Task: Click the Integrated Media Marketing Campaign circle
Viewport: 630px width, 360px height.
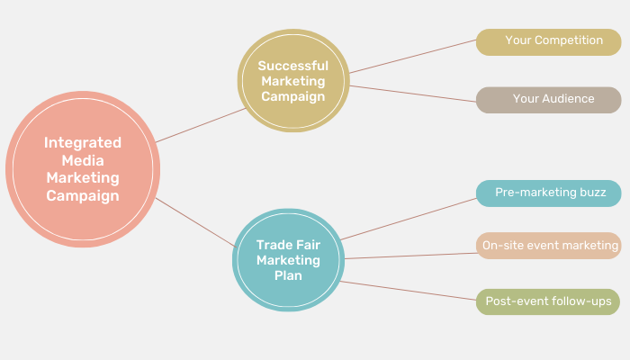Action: (83, 168)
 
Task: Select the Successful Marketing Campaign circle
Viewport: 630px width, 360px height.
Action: (292, 82)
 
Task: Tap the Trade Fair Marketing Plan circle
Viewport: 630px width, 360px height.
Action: (288, 260)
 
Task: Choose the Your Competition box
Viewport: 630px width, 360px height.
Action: (548, 41)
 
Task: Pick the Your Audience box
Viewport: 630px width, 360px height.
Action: (548, 100)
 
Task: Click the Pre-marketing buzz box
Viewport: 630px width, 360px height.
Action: (548, 193)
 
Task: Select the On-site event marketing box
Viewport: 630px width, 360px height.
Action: (548, 246)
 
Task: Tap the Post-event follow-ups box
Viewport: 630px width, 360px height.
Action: (548, 301)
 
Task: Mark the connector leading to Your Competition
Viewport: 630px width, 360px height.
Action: (412, 57)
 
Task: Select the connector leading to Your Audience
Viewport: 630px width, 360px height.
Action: (412, 93)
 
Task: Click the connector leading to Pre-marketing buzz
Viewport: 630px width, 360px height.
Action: (407, 219)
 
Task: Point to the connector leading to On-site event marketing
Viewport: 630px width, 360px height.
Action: (410, 256)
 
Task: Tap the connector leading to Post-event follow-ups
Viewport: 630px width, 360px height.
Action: (407, 292)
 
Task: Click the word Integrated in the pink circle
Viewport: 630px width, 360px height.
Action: (83, 142)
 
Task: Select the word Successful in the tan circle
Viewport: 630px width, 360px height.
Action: (292, 66)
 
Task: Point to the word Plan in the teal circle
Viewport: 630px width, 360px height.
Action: (288, 275)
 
